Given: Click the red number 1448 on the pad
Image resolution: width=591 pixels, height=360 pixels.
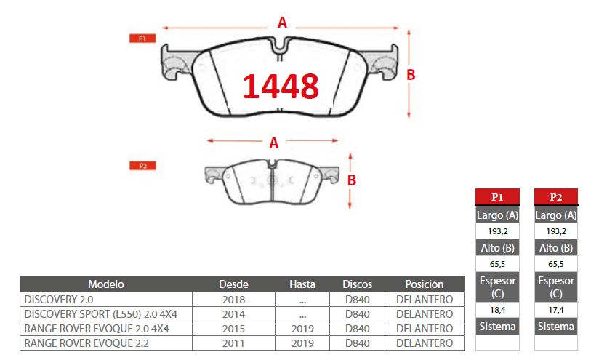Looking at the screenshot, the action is click(281, 87).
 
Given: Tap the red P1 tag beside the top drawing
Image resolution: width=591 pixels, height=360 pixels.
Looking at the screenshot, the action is click(142, 39).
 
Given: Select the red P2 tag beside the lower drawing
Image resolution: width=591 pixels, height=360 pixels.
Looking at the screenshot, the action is click(142, 166).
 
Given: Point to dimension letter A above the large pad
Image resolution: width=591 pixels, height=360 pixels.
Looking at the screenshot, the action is click(282, 23).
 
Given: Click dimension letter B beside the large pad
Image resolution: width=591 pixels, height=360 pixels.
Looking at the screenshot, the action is click(411, 75).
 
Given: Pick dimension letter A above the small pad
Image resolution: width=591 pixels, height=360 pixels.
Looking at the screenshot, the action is click(274, 143).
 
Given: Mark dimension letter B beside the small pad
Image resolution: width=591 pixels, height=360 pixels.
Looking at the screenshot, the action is click(352, 180).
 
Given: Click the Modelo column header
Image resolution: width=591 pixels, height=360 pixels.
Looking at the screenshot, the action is click(106, 284).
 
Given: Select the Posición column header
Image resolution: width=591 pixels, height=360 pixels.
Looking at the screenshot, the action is click(425, 284).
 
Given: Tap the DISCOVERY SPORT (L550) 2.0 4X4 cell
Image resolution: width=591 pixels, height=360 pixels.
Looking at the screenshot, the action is click(100, 314).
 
